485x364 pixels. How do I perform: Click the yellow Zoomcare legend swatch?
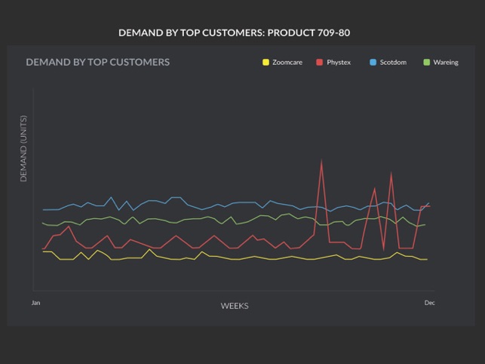click(266, 63)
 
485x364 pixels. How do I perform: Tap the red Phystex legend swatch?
click(320, 63)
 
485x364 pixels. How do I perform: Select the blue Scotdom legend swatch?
click(373, 63)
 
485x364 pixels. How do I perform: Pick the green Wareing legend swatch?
click(427, 63)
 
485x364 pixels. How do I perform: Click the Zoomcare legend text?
click(287, 63)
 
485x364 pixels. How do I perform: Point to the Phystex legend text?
click(339, 63)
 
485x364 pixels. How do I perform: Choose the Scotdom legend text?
click(393, 63)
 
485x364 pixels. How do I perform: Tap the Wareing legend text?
click(446, 63)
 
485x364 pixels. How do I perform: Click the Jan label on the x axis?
click(35, 303)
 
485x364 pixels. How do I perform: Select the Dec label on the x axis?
click(429, 303)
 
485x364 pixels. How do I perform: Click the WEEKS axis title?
click(235, 306)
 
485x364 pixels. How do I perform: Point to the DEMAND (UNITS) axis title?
click(23, 149)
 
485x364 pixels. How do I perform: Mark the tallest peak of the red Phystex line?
click(322, 160)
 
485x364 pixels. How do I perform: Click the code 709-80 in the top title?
click(332, 33)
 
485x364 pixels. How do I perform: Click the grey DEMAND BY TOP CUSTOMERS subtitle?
click(98, 62)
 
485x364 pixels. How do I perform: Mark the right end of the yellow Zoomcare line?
click(427, 259)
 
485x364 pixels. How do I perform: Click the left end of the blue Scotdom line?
click(43, 210)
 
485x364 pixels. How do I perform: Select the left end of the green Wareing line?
click(43, 223)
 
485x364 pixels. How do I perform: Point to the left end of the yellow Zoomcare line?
click(43, 251)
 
